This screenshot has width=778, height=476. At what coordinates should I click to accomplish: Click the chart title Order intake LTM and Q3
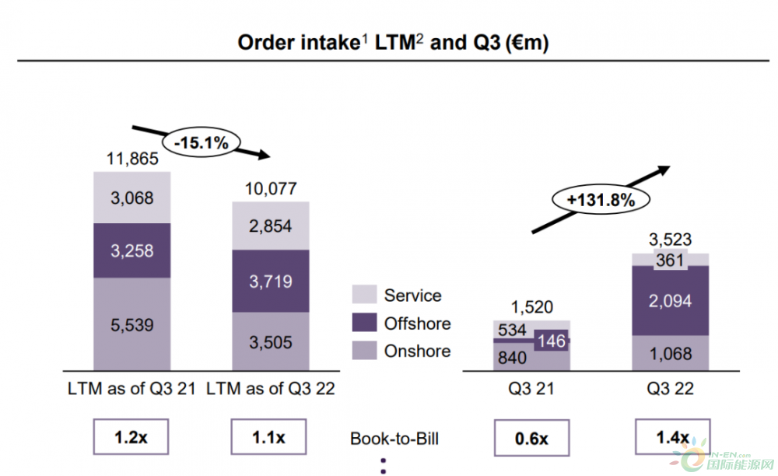(x=393, y=43)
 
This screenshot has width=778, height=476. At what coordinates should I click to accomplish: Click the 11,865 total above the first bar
(x=132, y=159)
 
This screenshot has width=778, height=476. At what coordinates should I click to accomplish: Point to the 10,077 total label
(x=271, y=189)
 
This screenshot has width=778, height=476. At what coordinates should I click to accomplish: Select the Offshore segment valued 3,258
(x=132, y=250)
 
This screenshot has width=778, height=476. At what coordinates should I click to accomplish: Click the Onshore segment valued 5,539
(x=132, y=324)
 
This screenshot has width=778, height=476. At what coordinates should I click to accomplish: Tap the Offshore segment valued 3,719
(x=271, y=282)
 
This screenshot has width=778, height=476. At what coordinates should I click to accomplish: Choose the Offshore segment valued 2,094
(x=670, y=301)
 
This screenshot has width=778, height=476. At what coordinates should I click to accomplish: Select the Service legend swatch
(x=364, y=296)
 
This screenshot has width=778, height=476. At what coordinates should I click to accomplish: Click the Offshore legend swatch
(x=364, y=324)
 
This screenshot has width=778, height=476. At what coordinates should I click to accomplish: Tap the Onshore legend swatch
(x=364, y=352)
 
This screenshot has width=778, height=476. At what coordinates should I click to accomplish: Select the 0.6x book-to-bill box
(x=532, y=438)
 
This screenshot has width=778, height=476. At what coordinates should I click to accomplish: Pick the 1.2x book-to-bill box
(x=132, y=438)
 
